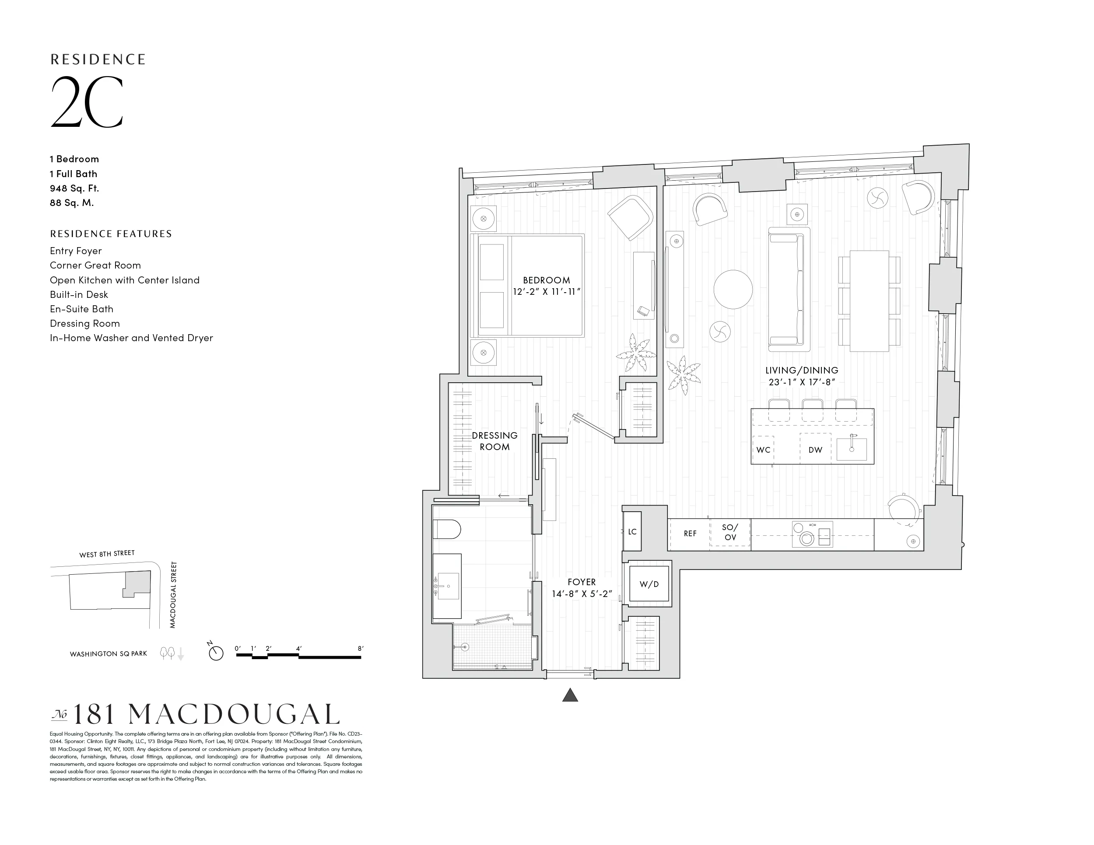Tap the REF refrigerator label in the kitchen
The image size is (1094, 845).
click(690, 534)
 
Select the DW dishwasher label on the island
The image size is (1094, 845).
click(815, 450)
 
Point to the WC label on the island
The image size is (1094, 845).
click(763, 450)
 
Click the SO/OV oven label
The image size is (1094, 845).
click(730, 533)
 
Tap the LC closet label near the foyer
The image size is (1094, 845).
click(632, 532)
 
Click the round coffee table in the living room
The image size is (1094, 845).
click(733, 290)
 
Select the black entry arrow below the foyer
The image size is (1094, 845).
click(570, 695)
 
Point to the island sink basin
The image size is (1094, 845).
click(852, 449)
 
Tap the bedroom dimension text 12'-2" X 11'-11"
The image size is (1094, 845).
click(547, 292)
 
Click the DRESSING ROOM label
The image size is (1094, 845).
click(494, 441)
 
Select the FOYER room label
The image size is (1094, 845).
click(582, 582)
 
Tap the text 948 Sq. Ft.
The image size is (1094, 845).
click(74, 188)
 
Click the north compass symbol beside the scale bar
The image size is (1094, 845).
click(216, 653)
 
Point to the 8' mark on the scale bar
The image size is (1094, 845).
click(360, 649)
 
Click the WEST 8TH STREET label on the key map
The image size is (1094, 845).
click(107, 554)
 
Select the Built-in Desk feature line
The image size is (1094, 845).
click(79, 294)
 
